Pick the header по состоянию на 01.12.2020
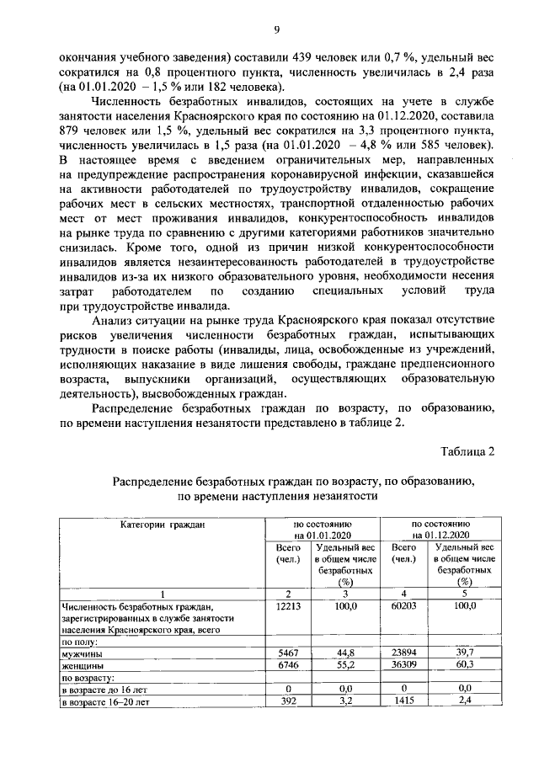(x=440, y=530)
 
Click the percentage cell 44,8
(x=345, y=653)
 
